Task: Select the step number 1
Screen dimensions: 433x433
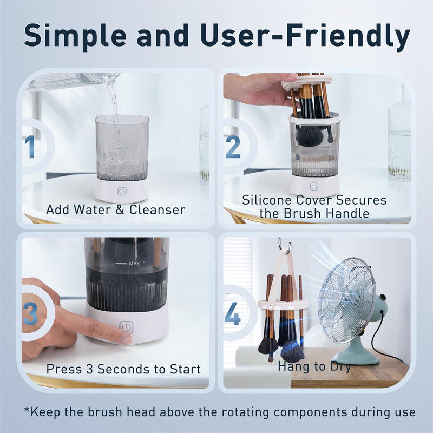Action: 30,147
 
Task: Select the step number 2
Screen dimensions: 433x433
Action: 233,147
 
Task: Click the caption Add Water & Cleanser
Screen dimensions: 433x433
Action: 115,209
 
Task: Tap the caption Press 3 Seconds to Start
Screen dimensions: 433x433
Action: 123,369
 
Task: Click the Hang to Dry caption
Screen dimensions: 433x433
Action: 314,366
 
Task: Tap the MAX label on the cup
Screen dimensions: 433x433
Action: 135,264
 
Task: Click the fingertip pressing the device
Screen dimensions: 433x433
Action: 123,339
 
